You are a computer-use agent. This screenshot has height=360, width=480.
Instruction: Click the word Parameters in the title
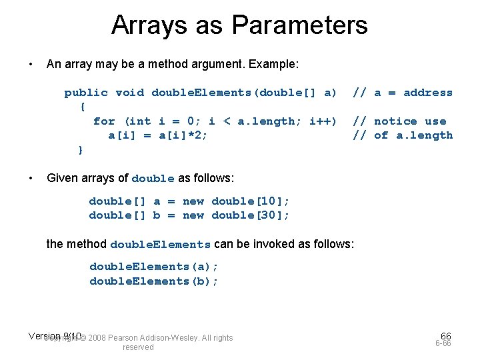300,25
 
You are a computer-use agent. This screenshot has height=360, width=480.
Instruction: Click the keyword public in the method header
86,93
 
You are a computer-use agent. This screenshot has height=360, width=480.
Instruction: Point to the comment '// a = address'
402,93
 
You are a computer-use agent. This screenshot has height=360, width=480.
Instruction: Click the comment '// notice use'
399,121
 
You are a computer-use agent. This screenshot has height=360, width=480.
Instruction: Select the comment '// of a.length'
402,135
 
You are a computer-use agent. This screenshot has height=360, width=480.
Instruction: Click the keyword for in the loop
104,121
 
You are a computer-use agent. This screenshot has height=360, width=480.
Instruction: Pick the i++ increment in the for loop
323,121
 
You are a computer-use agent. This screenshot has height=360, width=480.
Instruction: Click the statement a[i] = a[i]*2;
158,135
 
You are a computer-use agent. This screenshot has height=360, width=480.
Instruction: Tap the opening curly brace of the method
82,107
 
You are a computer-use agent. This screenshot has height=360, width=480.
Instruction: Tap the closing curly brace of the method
81,149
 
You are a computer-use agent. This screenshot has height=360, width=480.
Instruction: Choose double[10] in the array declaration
250,201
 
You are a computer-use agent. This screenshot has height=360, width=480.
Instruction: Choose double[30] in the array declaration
250,215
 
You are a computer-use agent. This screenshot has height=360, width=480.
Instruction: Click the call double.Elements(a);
154,267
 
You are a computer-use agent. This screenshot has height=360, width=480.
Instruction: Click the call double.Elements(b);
154,281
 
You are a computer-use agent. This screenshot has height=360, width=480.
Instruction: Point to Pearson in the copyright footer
123,338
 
